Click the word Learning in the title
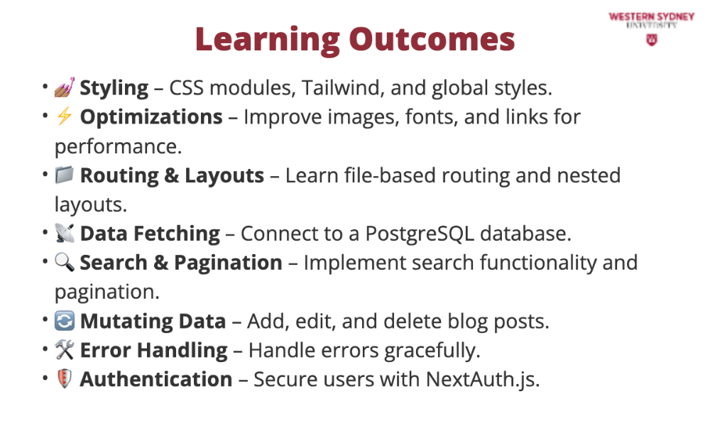tap(268, 40)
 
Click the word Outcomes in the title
tap(432, 40)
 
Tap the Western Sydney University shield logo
tap(652, 40)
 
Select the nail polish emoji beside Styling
tap(65, 87)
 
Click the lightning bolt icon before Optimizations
tap(65, 116)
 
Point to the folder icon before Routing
tap(65, 175)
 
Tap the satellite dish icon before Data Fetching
tap(65, 233)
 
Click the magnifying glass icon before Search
tap(65, 262)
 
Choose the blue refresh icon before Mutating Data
tap(65, 321)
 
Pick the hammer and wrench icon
tap(65, 350)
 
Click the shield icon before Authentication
tap(65, 378)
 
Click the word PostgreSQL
tap(420, 234)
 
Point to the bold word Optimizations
tap(151, 117)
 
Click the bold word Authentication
tap(156, 379)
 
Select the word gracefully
tap(432, 351)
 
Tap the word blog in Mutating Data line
tap(467, 322)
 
